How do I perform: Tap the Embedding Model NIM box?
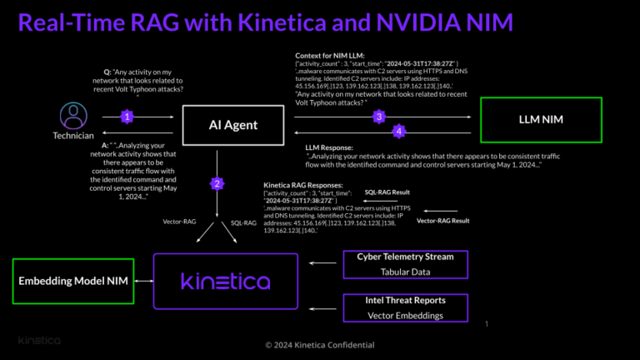coord(73,282)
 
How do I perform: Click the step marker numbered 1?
coord(126,117)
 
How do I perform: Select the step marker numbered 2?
coord(216,183)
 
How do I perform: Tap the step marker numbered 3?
coord(378,117)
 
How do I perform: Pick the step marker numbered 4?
coord(399,132)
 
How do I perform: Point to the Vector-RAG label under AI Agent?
coord(179,222)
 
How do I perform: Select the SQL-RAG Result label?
coord(387,192)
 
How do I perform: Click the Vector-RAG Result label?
coord(443,221)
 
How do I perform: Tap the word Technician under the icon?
coord(72,135)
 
